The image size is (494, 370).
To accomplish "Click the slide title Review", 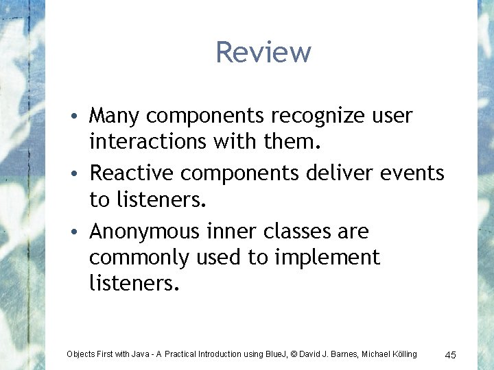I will (263, 52).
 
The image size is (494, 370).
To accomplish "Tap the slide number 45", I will (451, 355).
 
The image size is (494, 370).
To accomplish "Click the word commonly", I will (140, 259).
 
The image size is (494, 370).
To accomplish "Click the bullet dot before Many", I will (80, 116).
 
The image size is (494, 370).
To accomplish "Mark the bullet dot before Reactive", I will (80, 175).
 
